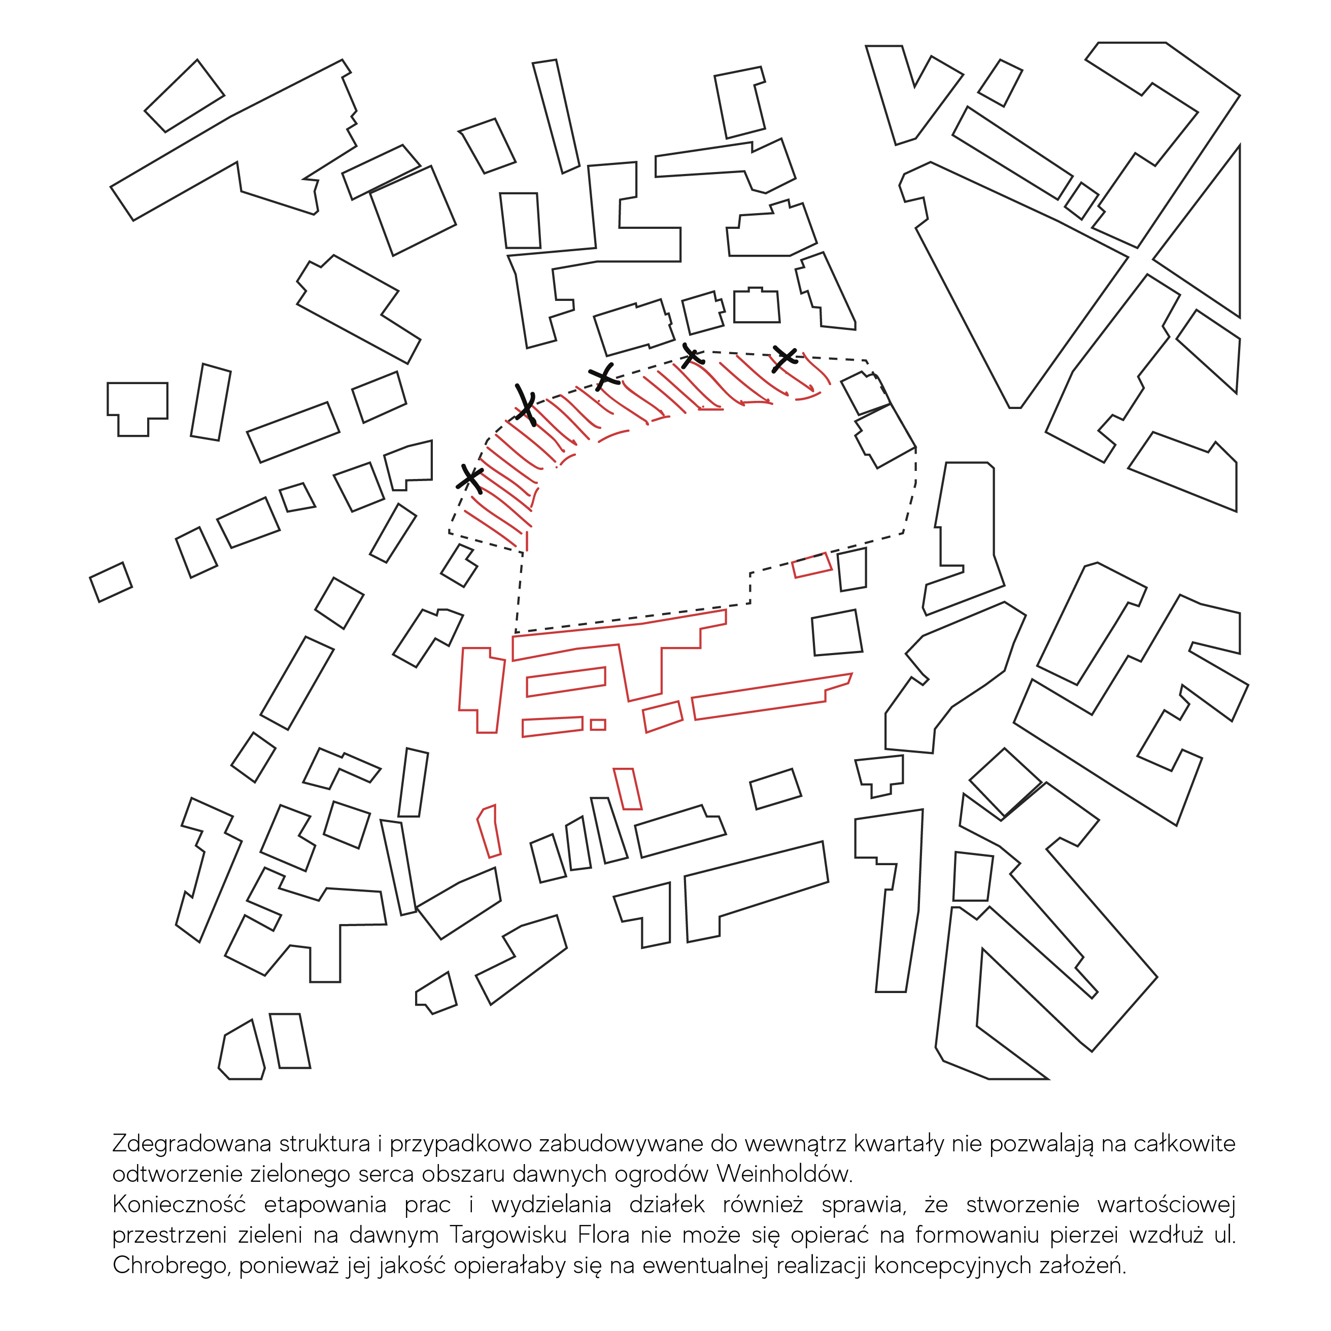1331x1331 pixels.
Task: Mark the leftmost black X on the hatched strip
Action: [470, 478]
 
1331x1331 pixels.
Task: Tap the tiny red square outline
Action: [598, 725]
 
